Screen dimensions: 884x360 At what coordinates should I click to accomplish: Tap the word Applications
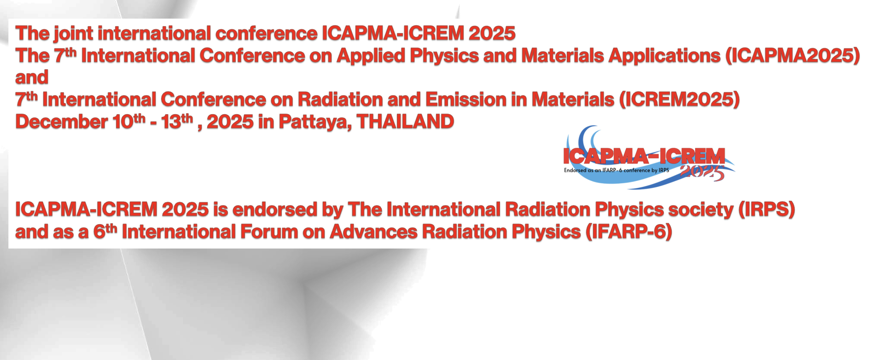point(664,56)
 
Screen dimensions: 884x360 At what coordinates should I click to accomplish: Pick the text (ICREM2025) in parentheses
point(679,99)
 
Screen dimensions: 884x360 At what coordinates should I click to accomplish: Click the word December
point(62,122)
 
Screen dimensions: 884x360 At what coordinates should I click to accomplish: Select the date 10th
point(129,121)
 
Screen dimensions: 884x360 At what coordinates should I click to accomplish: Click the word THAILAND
point(405,122)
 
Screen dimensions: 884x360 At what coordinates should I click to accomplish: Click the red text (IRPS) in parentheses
point(767,210)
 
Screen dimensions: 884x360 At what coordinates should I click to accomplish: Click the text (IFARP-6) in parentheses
point(629,232)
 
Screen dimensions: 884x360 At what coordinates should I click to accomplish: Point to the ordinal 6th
point(105,231)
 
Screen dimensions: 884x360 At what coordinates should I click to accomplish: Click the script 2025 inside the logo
point(702,172)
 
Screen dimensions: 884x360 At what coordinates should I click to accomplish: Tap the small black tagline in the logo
point(616,170)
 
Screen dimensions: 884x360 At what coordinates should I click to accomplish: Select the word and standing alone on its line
point(32,78)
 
